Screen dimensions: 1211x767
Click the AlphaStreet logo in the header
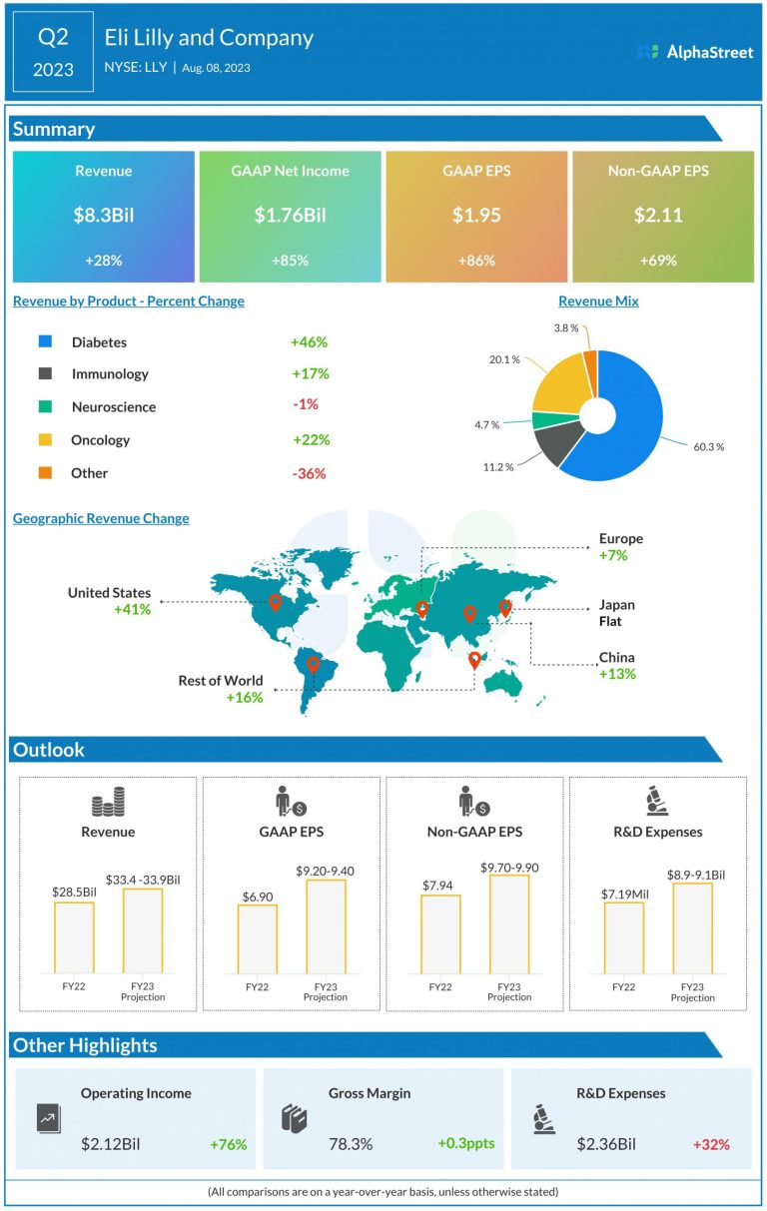pos(695,52)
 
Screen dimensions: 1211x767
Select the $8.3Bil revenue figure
pos(103,216)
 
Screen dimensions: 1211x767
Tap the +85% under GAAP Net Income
pos(290,261)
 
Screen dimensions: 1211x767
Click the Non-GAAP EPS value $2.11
pos(658,216)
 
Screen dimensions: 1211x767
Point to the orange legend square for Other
pos(45,472)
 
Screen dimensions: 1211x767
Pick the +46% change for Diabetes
pos(310,341)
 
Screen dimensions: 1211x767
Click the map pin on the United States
pos(275,602)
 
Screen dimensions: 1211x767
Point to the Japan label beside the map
pos(616,605)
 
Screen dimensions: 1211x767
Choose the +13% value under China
pos(617,674)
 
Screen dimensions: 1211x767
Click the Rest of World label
pos(221,681)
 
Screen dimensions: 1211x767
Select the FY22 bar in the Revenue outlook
pos(74,936)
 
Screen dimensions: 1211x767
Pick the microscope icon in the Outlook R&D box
pos(658,801)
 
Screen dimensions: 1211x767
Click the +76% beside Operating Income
pos(228,1144)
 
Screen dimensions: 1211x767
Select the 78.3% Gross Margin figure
pos(351,1144)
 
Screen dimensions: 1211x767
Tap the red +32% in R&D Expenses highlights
pos(710,1144)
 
